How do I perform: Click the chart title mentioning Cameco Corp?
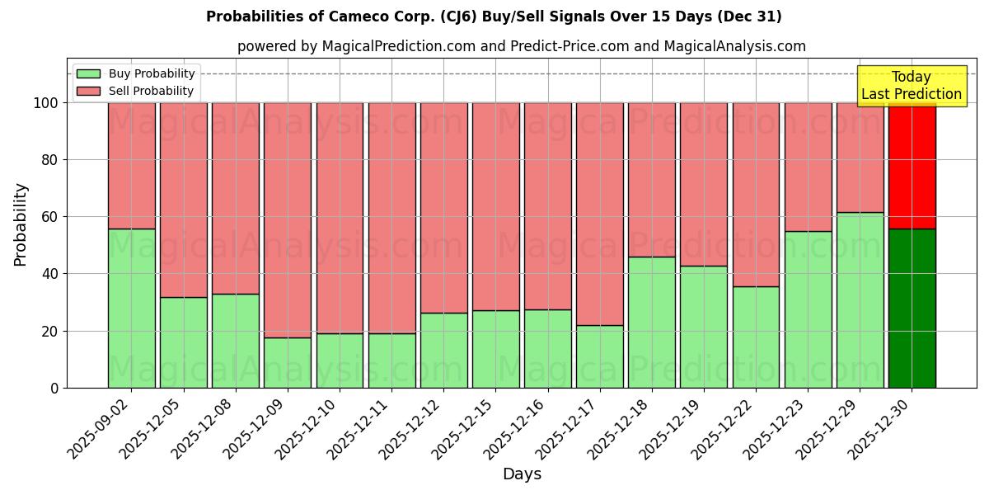494,16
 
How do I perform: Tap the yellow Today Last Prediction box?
911,86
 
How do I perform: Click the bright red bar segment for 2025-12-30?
912,165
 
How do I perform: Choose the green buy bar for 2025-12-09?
288,362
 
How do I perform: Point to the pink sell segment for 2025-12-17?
600,214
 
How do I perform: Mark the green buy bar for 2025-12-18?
651,322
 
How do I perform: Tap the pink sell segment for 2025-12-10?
340,218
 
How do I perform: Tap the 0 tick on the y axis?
55,388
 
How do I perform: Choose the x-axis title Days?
522,474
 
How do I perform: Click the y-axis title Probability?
21,224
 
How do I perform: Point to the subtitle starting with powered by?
521,46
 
